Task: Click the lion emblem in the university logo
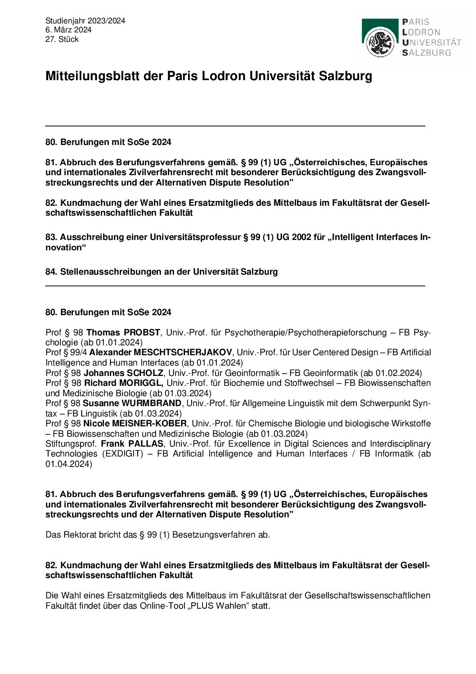(380, 42)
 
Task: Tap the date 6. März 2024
(68, 30)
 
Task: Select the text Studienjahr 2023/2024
(85, 21)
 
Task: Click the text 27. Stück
(62, 39)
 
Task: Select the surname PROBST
(142, 333)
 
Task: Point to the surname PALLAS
(146, 444)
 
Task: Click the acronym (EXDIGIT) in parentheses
(123, 454)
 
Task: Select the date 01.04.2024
(68, 464)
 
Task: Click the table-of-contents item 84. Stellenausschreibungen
(162, 272)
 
